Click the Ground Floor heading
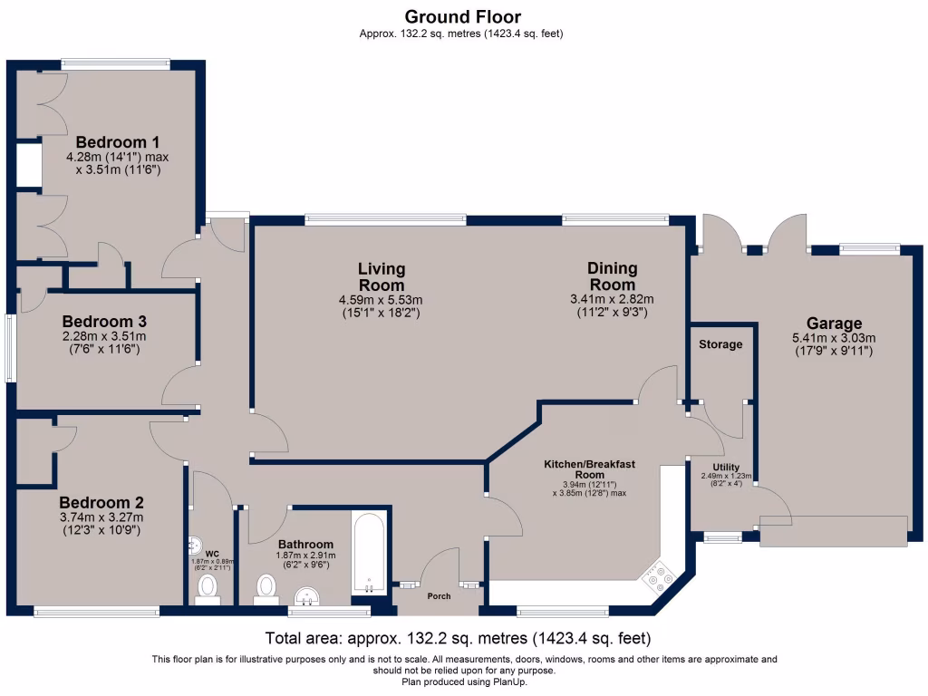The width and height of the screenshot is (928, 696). click(463, 16)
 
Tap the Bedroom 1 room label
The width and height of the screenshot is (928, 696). click(117, 142)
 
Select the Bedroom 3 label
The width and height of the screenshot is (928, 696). click(104, 322)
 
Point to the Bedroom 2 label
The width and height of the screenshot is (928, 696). click(101, 502)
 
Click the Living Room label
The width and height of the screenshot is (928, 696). click(382, 276)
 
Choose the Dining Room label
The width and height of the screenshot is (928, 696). click(612, 275)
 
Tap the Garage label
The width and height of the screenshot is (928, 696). click(834, 324)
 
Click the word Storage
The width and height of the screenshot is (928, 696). click(720, 343)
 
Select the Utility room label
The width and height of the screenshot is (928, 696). click(726, 467)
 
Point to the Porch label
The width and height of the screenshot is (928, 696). click(440, 596)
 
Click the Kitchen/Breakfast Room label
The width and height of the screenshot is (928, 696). click(589, 469)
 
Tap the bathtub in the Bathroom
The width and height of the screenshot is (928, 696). click(370, 553)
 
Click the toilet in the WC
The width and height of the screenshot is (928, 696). click(208, 589)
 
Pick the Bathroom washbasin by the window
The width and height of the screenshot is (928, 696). click(307, 596)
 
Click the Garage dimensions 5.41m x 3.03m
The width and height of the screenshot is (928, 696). click(834, 338)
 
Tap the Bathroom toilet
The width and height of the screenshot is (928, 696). click(266, 589)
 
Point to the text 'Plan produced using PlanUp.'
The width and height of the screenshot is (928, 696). click(464, 681)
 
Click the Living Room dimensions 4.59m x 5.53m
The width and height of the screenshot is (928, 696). click(382, 299)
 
